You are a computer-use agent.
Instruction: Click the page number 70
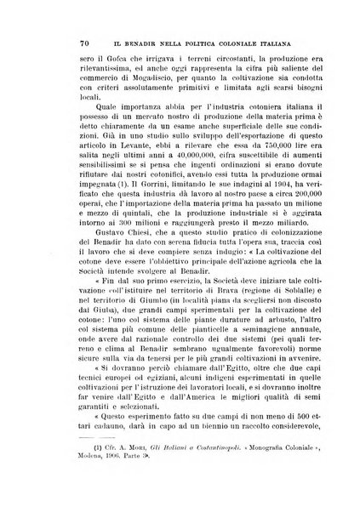click(x=62, y=42)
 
